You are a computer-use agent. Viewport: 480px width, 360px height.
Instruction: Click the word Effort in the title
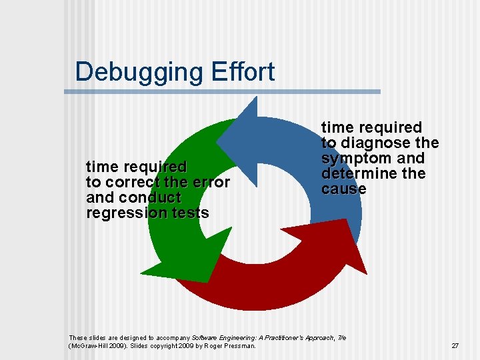(x=241, y=71)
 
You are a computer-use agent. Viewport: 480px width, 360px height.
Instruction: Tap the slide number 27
(x=455, y=345)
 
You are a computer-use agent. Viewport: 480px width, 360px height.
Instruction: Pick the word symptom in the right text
(x=352, y=158)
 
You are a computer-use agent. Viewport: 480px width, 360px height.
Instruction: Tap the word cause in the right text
(x=343, y=189)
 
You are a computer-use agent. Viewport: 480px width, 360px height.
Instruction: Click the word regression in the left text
(x=127, y=213)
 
